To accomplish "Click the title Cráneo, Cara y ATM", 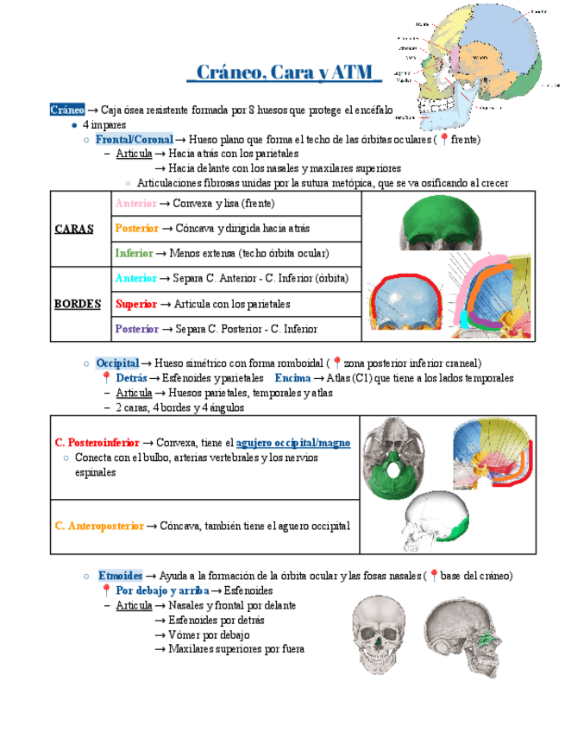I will [284, 72].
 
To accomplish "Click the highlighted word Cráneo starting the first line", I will [67, 110].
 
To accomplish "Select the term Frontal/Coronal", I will [134, 139].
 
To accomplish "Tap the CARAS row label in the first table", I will [74, 229].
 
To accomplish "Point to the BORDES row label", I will [77, 304].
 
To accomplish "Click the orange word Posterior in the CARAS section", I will [136, 229].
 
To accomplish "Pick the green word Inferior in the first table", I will [134, 254].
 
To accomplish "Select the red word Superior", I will [135, 304].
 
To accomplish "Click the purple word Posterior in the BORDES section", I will [136, 329].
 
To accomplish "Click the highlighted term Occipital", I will [117, 363].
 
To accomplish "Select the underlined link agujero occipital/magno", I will [292, 443].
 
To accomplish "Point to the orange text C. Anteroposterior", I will [98, 525].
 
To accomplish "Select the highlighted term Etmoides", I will [120, 576].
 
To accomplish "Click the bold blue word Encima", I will [292, 378].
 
